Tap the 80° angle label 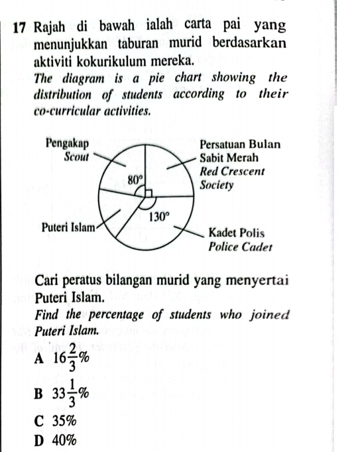pyautogui.click(x=135, y=178)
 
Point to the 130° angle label pyautogui.click(x=160, y=216)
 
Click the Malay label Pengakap pyautogui.click(x=68, y=143)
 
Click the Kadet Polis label pyautogui.click(x=237, y=233)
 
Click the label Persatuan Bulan pyautogui.click(x=240, y=144)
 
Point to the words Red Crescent pyautogui.click(x=232, y=171)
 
